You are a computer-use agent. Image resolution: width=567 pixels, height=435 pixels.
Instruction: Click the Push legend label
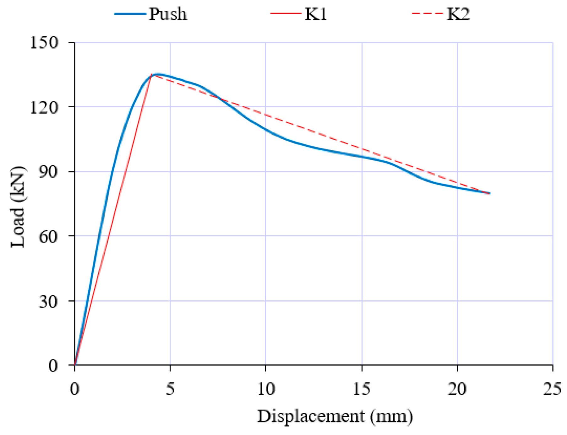(x=167, y=14)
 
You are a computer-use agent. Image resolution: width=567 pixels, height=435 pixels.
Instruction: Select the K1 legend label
(x=315, y=14)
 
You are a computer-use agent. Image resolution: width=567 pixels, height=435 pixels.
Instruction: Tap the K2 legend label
(x=458, y=14)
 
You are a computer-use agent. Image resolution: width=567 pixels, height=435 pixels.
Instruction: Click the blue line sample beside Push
(x=130, y=14)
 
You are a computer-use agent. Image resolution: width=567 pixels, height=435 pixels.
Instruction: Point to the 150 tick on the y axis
(x=44, y=42)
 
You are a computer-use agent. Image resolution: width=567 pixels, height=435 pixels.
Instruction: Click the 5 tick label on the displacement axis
(x=170, y=389)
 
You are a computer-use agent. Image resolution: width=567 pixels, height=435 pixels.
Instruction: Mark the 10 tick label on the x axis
(x=266, y=389)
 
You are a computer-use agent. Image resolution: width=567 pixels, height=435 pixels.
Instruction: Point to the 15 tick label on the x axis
(x=362, y=389)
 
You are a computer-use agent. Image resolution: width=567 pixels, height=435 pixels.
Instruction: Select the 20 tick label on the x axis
(x=457, y=389)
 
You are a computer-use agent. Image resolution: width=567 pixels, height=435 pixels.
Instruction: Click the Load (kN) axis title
(x=18, y=207)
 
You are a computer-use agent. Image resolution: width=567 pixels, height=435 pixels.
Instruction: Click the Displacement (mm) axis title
(x=335, y=417)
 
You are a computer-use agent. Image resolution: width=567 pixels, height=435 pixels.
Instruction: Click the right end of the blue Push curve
(x=489, y=193)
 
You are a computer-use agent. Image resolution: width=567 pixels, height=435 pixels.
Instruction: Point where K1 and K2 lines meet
(x=151, y=75)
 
